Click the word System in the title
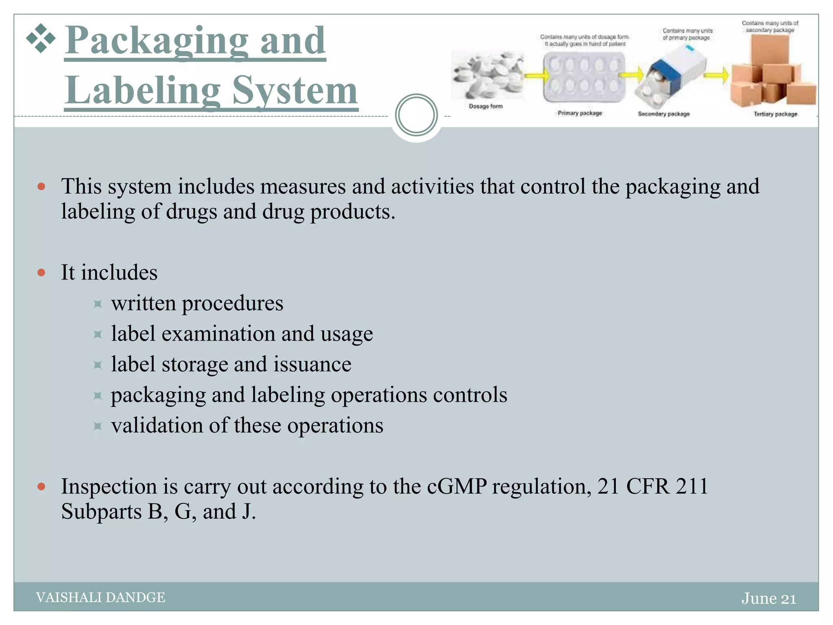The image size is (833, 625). (295, 90)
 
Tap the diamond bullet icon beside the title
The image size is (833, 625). (41, 39)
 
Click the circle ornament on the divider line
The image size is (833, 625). (416, 115)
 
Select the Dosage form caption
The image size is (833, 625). (486, 107)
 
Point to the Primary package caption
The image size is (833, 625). (580, 113)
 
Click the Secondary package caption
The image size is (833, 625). (663, 114)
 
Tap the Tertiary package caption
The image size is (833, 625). (775, 114)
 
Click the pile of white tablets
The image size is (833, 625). (487, 75)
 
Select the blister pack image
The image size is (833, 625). (584, 77)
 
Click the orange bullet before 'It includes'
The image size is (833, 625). (41, 273)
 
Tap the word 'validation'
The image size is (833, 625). (157, 426)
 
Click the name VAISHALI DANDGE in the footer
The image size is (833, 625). (100, 597)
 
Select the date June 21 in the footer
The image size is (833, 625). (768, 599)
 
